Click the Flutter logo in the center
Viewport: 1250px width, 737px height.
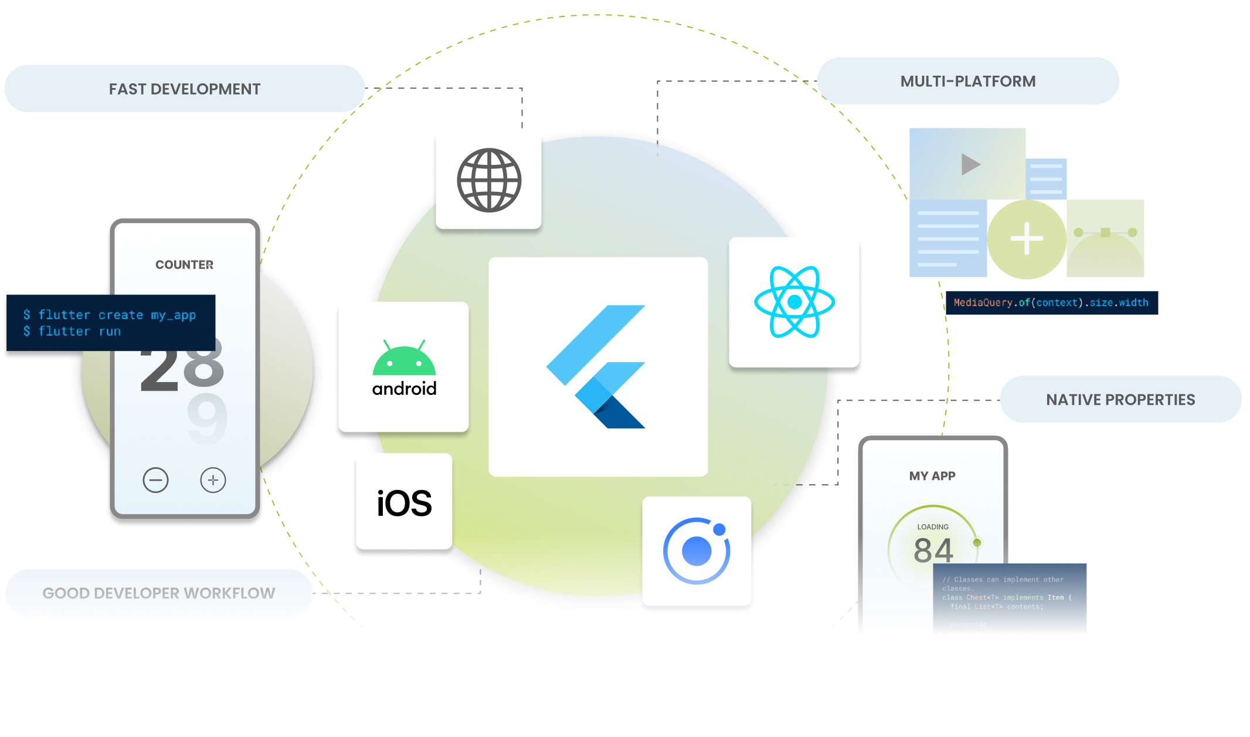(597, 367)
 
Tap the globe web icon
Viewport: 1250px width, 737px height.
(489, 180)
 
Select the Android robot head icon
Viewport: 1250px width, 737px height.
(404, 359)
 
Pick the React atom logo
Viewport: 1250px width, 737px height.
(794, 302)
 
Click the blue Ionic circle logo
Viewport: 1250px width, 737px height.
(697, 551)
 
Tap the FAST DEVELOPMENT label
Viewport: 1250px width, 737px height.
(185, 89)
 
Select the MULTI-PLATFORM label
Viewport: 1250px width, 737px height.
(967, 82)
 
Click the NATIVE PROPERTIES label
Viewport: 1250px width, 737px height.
(1120, 400)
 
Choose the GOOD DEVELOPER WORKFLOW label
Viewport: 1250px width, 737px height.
(158, 593)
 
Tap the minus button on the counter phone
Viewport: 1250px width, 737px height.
(155, 480)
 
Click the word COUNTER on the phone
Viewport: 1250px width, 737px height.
(184, 265)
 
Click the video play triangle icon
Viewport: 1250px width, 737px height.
(970, 164)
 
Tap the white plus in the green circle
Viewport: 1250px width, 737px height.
(1027, 238)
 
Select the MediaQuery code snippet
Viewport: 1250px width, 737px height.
(1051, 303)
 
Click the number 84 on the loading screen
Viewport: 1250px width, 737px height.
(933, 550)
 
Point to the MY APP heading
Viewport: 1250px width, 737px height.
(932, 476)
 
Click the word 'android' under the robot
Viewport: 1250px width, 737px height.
(404, 388)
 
